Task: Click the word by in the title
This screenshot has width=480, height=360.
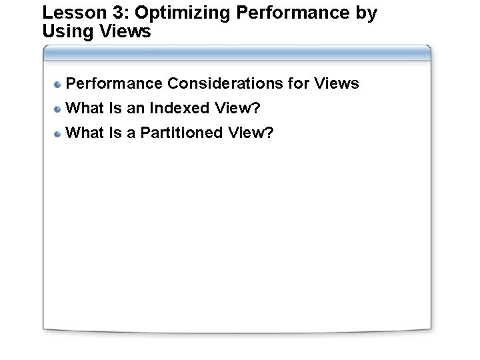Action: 366,13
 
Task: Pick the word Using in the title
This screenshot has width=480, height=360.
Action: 65,31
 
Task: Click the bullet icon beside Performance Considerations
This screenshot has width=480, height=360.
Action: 59,84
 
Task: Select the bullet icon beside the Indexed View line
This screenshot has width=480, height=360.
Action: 59,109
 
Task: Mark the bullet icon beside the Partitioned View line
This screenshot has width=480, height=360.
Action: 59,133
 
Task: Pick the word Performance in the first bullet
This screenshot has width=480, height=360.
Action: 115,83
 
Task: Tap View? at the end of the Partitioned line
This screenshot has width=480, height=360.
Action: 251,133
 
